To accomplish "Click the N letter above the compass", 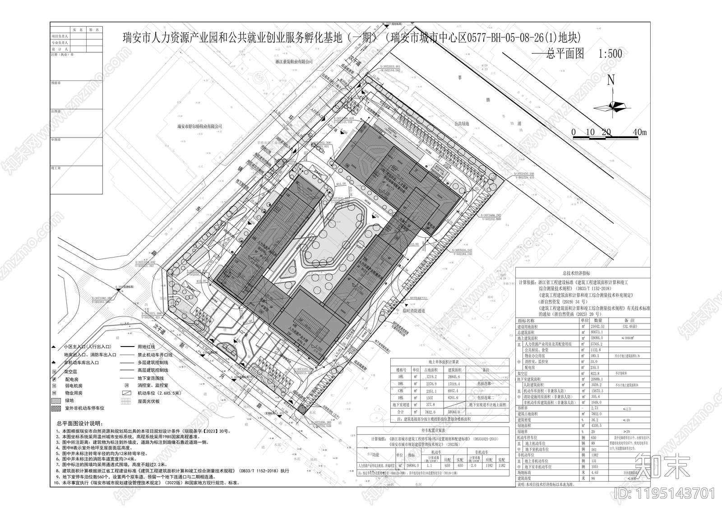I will pyautogui.click(x=611, y=80).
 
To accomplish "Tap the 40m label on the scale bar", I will pyautogui.click(x=640, y=132).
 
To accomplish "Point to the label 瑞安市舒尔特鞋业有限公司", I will pyautogui.click(x=200, y=127).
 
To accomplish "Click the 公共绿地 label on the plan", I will pyautogui.click(x=462, y=123).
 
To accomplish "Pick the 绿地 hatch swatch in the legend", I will pyautogui.click(x=55, y=400).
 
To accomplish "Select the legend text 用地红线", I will pyautogui.click(x=147, y=347).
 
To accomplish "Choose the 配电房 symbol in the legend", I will pyautogui.click(x=55, y=378).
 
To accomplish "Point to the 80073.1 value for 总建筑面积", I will pyautogui.click(x=589, y=332).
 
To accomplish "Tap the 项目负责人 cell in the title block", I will pyautogui.click(x=60, y=36).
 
